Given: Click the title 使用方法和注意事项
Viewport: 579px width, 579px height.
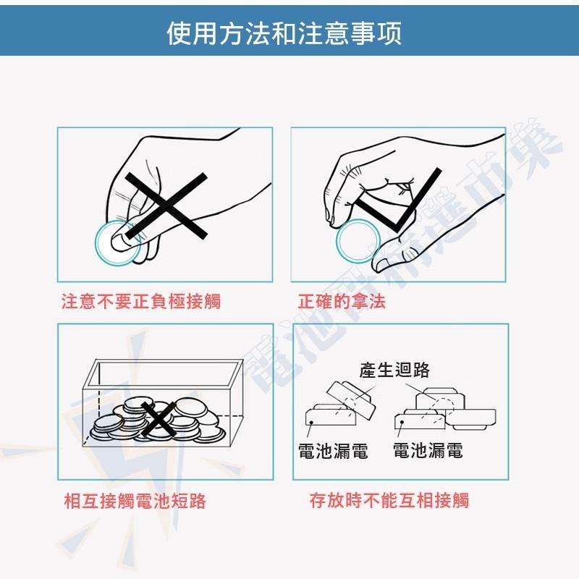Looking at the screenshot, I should tap(284, 33).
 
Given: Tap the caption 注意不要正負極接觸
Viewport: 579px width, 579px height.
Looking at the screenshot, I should tap(140, 301).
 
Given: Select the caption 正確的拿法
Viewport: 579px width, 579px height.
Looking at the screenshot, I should tap(342, 301).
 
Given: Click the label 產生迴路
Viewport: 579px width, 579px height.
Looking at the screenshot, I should tap(394, 370).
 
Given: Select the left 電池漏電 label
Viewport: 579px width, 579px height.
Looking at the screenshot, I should tap(333, 451).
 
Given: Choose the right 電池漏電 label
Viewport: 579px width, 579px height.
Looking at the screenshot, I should tap(428, 451).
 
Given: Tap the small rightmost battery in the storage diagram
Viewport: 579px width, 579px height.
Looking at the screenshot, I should tap(474, 417).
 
